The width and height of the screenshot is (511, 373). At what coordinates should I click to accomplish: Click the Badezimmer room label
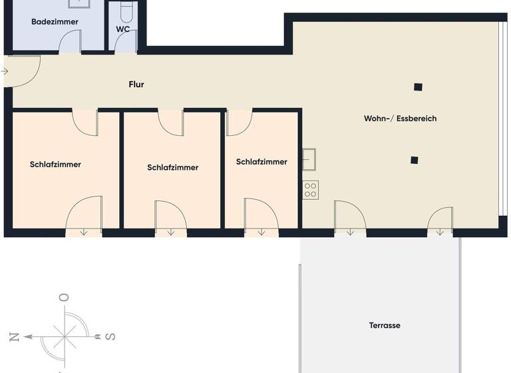pyautogui.click(x=55, y=22)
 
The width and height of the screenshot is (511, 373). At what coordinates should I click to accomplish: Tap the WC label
pyautogui.click(x=123, y=29)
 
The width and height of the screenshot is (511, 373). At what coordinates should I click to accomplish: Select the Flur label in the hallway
pyautogui.click(x=136, y=85)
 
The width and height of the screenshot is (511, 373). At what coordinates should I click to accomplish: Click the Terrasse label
pyautogui.click(x=385, y=326)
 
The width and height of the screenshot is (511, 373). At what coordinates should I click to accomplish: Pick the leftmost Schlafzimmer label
pyautogui.click(x=55, y=165)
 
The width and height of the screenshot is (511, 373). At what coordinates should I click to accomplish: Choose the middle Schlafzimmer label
pyautogui.click(x=173, y=168)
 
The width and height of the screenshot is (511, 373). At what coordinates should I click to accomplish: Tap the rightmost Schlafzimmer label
pyautogui.click(x=261, y=162)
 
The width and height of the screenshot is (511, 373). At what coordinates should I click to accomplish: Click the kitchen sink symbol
pyautogui.click(x=310, y=159)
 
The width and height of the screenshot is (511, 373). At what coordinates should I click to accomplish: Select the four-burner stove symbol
pyautogui.click(x=311, y=190)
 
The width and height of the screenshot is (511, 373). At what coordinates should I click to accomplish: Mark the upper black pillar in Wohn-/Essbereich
pyautogui.click(x=418, y=87)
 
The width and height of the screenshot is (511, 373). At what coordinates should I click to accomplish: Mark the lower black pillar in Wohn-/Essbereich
pyautogui.click(x=415, y=160)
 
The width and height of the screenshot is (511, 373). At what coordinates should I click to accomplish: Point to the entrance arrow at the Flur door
pyautogui.click(x=5, y=71)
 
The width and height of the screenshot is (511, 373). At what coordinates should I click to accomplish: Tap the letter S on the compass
pyautogui.click(x=110, y=336)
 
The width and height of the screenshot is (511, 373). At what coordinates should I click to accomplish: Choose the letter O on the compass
pyautogui.click(x=64, y=298)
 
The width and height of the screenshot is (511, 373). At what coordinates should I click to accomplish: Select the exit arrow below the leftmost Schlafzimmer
pyautogui.click(x=85, y=232)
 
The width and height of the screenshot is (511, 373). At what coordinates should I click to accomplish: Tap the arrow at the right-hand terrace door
pyautogui.click(x=440, y=232)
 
